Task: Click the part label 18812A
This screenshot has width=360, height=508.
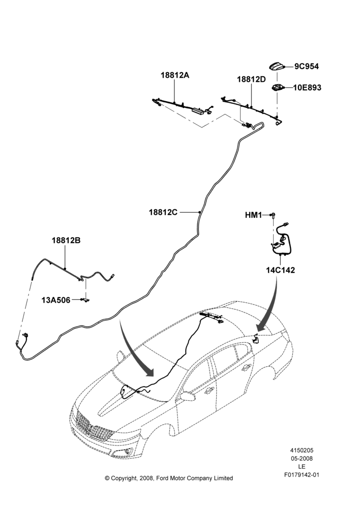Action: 175,75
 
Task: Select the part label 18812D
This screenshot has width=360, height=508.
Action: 251,79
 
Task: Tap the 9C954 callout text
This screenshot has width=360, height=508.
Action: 307,67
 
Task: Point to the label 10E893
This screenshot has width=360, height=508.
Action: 307,87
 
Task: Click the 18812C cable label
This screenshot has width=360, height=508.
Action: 163,212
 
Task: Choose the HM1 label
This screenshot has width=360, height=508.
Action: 253,215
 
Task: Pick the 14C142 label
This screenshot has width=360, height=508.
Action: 281,270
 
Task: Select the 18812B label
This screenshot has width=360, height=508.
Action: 66,241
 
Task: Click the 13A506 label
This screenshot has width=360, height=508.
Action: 56,300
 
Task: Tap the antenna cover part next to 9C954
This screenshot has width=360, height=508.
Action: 277,67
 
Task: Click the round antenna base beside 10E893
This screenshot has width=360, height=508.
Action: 277,87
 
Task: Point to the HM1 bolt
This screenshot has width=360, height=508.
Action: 274,215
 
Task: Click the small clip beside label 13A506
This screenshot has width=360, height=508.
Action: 86,300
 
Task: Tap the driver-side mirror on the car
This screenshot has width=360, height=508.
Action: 188,396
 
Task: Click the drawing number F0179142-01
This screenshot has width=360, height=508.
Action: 302,475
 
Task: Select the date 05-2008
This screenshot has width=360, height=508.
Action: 302,458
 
